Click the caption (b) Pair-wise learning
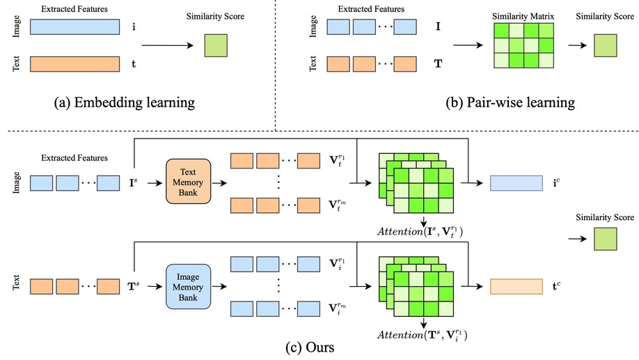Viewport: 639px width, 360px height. click(x=510, y=102)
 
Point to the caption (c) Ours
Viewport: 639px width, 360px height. click(x=319, y=345)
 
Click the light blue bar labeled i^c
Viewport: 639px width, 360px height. click(x=516, y=183)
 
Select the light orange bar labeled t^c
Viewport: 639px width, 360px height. click(x=516, y=285)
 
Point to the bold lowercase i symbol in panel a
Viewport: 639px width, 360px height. click(x=134, y=27)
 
